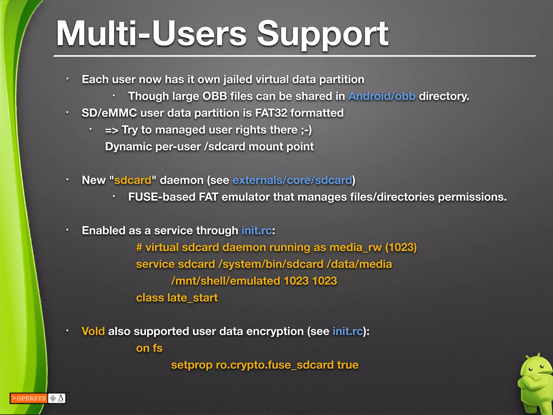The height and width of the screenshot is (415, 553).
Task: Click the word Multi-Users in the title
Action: point(151,34)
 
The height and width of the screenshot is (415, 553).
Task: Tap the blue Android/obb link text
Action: point(382,96)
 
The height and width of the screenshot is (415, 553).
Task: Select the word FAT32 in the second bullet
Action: point(271,113)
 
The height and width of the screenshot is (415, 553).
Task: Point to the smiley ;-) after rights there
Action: point(306,130)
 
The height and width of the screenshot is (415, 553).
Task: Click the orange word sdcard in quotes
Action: point(133,180)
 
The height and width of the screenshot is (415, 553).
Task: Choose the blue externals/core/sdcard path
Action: point(292,180)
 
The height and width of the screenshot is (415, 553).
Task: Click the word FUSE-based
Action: point(161,197)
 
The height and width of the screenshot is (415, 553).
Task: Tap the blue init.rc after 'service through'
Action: point(256,230)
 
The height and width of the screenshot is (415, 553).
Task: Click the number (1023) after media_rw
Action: point(401,247)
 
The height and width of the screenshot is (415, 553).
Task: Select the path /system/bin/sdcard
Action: point(271,264)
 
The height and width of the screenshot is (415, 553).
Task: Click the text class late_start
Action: point(177,298)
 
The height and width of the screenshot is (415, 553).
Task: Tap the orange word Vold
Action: point(93,331)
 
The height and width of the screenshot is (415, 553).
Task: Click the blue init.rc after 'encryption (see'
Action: point(348,331)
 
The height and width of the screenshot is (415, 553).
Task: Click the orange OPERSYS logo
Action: point(29,398)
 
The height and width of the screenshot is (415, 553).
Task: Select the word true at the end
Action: point(348,365)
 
